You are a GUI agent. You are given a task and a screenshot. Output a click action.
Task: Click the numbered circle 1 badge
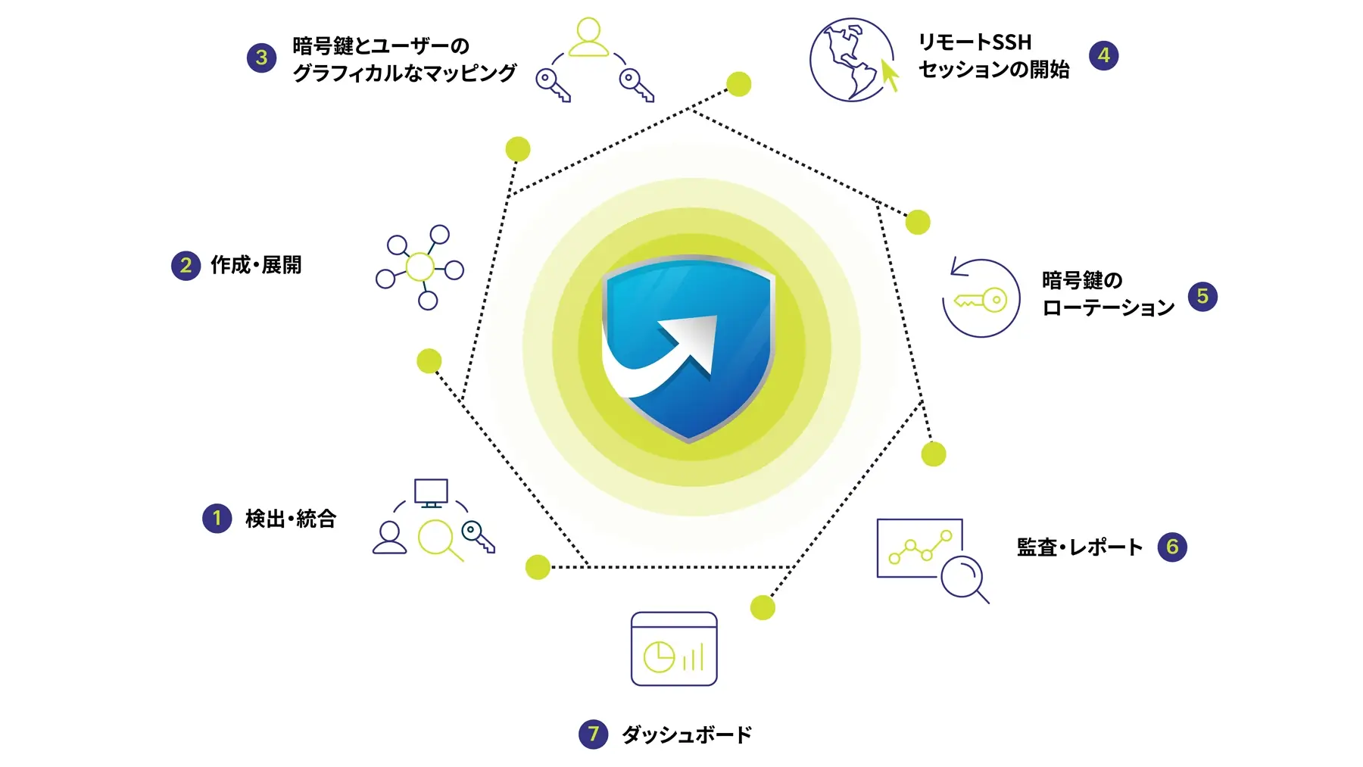217,519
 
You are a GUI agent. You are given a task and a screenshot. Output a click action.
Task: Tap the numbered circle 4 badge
1103,55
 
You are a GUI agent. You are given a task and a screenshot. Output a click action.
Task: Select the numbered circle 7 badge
593,734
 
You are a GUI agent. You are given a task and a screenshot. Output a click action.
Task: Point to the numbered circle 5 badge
1202,296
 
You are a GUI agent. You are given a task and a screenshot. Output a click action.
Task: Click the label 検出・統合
291,519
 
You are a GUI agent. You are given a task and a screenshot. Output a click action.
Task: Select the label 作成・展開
256,265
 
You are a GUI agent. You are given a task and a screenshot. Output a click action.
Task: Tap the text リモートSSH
975,42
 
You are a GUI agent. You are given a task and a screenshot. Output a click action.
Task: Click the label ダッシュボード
686,734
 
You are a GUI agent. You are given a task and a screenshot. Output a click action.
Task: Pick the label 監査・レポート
1079,547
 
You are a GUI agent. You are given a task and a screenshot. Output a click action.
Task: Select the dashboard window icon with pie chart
674,649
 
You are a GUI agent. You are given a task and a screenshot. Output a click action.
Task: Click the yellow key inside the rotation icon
982,301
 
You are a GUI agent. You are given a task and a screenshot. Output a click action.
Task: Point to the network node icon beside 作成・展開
420,267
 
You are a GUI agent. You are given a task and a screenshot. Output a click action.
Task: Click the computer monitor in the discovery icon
431,493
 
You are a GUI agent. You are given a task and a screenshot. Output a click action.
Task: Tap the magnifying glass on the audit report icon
963,579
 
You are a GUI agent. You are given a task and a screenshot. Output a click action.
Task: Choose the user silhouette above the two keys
588,38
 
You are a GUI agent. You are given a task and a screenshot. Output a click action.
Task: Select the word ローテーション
1108,308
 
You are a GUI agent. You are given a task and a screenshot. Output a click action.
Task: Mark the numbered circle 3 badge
261,58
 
